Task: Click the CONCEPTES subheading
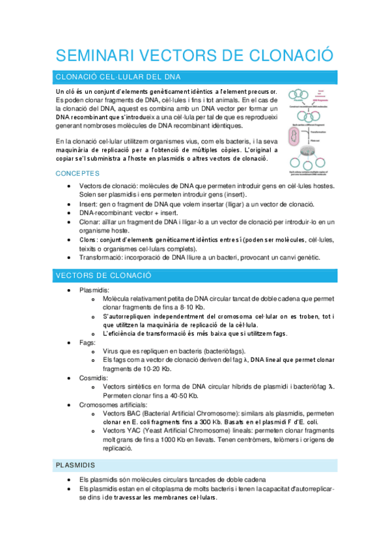(x=77, y=174)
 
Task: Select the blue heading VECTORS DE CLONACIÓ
(x=104, y=276)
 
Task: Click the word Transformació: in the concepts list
(x=104, y=257)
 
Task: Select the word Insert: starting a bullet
(x=89, y=204)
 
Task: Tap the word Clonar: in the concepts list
(x=90, y=222)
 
